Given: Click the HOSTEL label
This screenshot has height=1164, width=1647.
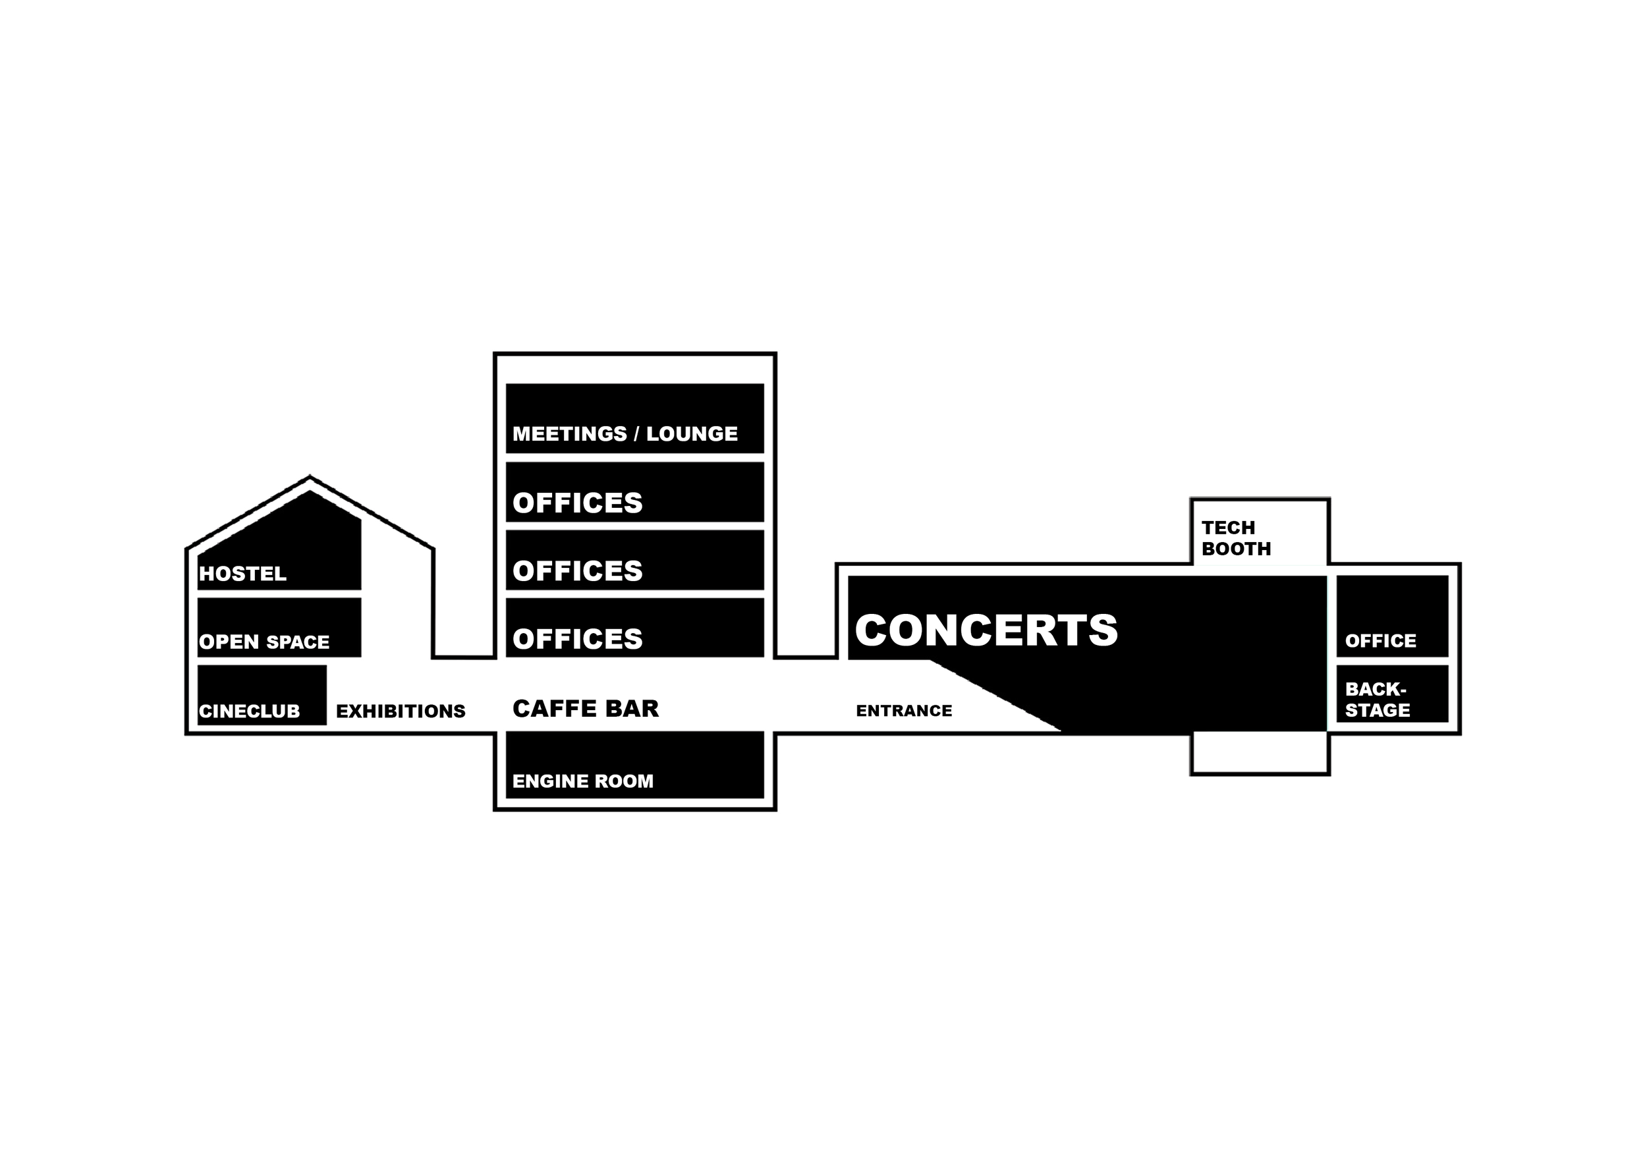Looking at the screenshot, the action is click(x=242, y=574).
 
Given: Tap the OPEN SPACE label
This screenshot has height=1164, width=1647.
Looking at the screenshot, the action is click(x=264, y=642).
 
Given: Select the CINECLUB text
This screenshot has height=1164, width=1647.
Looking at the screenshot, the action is click(x=249, y=711).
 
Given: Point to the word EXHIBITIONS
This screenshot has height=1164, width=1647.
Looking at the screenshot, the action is click(x=401, y=711).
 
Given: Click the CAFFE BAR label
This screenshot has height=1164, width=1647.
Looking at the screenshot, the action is click(x=586, y=709).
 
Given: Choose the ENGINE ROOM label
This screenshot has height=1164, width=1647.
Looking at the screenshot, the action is click(x=582, y=781).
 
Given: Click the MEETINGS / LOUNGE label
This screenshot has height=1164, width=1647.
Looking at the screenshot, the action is click(x=625, y=434).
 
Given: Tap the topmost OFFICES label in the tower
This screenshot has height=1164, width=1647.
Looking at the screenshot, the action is click(x=578, y=503).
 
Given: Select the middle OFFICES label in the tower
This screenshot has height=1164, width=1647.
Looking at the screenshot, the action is click(x=578, y=571).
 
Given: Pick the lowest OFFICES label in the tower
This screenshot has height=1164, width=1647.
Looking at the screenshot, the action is click(x=578, y=639).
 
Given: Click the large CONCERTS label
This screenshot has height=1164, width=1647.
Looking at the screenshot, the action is click(x=986, y=630).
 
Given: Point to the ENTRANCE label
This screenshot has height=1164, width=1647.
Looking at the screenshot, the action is click(x=904, y=711).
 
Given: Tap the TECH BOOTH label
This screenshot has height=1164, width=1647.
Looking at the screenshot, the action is click(x=1236, y=539).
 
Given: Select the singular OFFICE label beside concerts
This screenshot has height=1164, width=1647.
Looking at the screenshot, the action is click(x=1380, y=641).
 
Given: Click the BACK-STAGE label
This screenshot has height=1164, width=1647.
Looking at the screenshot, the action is click(x=1377, y=700).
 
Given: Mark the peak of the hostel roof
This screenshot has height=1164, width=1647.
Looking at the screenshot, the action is click(x=310, y=476).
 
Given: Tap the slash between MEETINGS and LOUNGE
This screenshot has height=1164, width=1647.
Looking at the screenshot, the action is click(x=636, y=434).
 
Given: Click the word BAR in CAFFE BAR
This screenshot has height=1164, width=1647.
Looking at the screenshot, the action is click(x=632, y=709).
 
